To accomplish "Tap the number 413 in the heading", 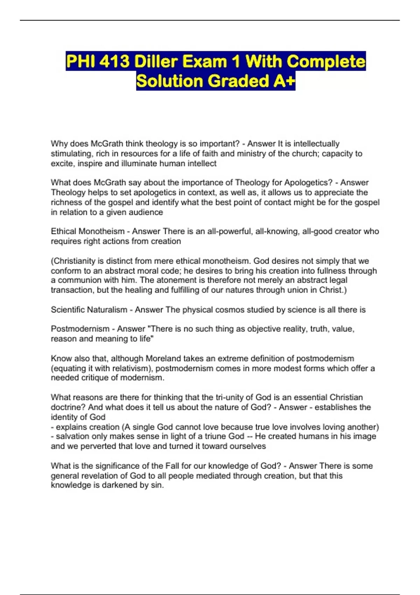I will coord(114,62).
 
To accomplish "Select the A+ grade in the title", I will coord(283,81).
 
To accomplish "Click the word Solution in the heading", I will coord(170,81).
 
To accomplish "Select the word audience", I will coord(146,212).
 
